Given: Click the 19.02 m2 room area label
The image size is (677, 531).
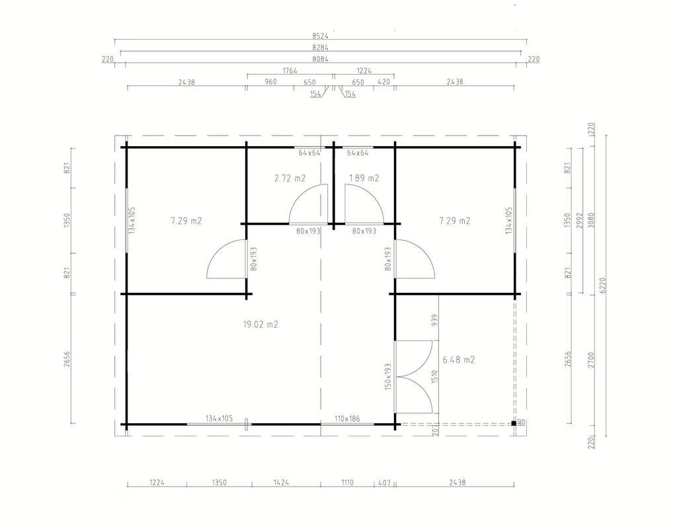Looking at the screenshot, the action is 260,324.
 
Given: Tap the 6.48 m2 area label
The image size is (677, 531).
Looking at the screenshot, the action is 459,360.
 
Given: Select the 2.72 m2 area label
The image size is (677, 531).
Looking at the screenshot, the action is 290,178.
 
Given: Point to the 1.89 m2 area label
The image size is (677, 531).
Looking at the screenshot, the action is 364,178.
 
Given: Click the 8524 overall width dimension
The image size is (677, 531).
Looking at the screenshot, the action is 321,36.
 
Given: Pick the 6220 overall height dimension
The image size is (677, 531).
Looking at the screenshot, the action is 603,286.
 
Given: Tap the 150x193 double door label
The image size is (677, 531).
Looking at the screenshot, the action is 387,376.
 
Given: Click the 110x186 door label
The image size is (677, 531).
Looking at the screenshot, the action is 347,419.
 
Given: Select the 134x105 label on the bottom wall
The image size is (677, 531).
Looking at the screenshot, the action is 219,419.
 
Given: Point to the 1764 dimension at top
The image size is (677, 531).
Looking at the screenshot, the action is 290,70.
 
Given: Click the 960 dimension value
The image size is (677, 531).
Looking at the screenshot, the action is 270,81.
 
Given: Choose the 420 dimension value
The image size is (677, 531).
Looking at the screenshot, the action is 384,81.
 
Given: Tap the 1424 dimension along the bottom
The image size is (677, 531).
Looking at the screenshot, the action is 281,482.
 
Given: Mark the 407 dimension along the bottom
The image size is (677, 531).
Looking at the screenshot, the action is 384,482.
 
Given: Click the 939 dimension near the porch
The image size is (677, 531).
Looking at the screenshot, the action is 434,320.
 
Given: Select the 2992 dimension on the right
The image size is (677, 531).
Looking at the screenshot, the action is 579,220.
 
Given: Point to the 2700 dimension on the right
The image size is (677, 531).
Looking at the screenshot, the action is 591,360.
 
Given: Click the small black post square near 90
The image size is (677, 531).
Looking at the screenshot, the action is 514,423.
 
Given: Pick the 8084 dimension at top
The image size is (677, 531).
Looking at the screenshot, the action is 321,59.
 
